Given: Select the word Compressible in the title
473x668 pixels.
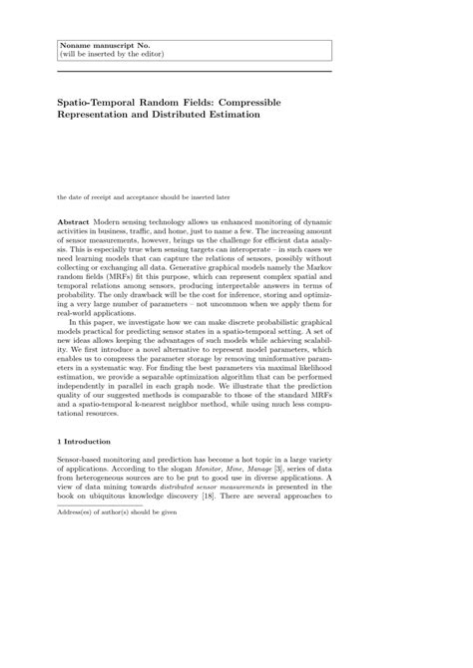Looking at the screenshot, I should (247, 102).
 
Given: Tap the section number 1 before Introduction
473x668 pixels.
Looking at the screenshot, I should (59, 442).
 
